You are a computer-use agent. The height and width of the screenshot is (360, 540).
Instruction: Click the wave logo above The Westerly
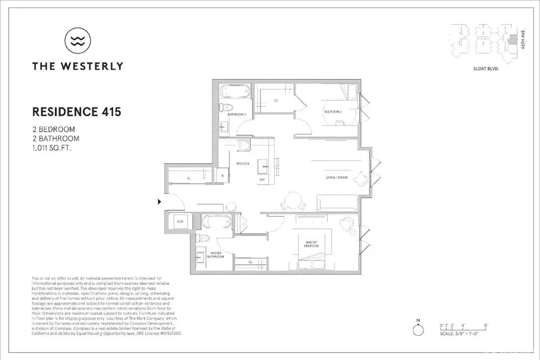(x=77, y=41)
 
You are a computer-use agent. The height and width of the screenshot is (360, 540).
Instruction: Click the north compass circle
(x=416, y=331)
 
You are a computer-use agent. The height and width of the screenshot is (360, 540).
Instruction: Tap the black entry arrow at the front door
(x=160, y=202)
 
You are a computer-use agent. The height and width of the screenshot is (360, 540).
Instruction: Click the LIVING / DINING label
(x=334, y=177)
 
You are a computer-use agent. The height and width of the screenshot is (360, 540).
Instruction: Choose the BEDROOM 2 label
(x=334, y=112)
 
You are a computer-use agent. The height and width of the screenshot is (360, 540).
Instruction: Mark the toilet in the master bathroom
(x=203, y=238)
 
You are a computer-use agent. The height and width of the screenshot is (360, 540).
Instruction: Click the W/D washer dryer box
(x=179, y=222)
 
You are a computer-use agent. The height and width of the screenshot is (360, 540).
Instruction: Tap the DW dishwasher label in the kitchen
(x=262, y=179)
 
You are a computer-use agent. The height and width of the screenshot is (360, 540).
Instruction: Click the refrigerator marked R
(x=223, y=176)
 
